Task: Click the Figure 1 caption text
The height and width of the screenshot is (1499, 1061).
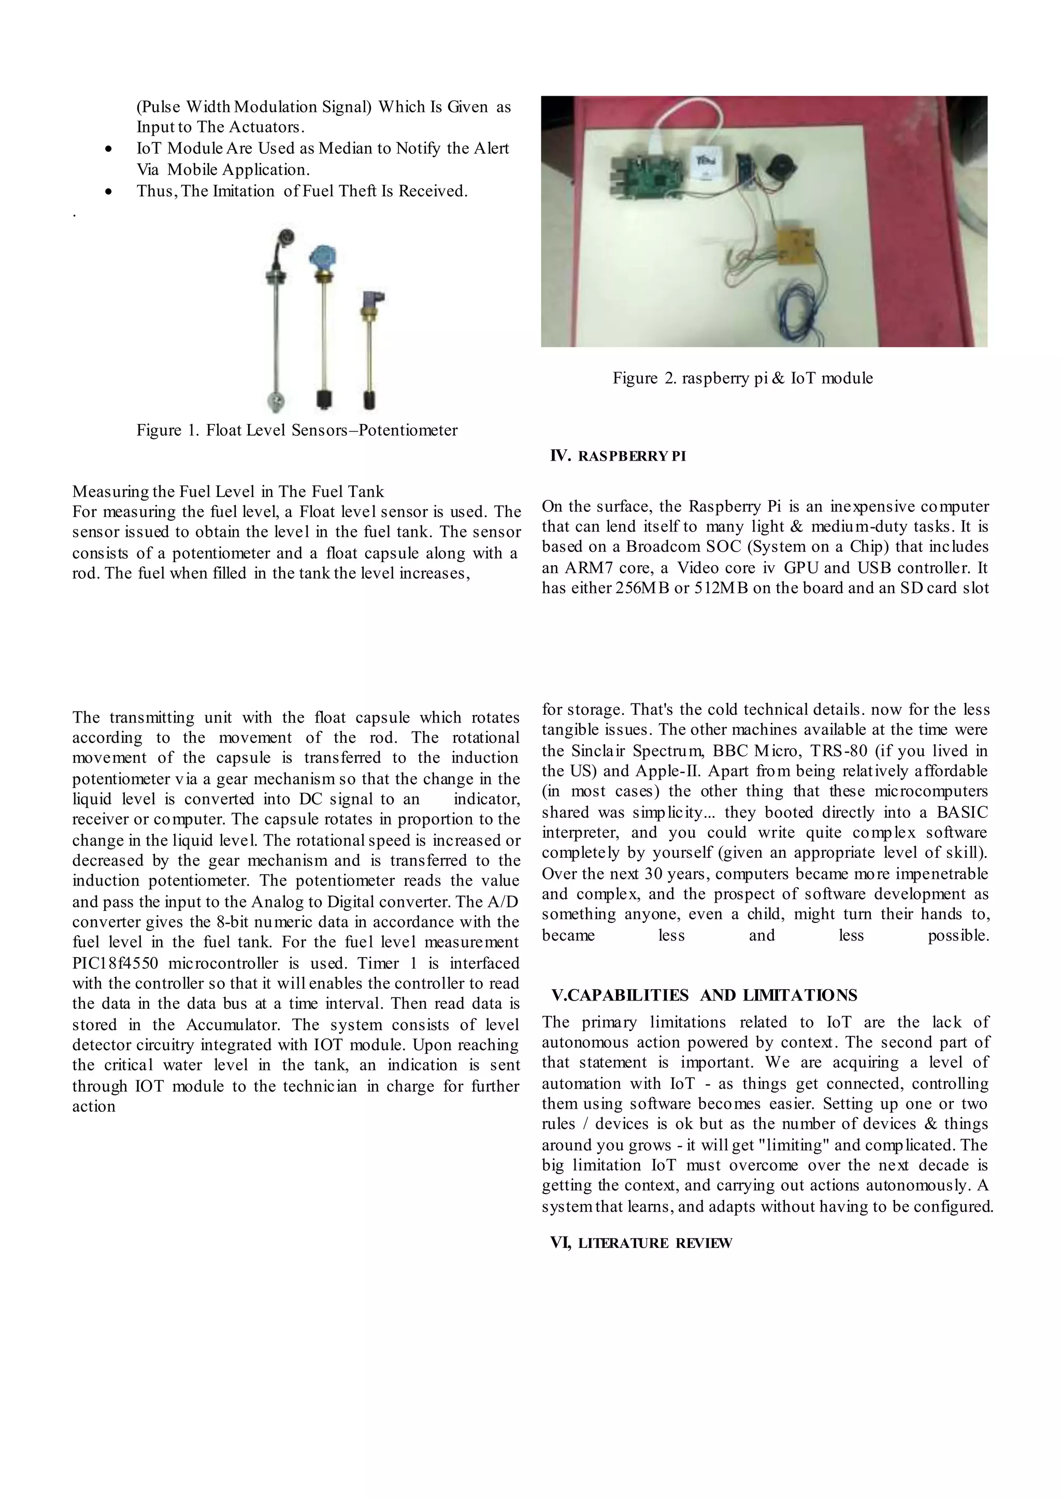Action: tap(297, 430)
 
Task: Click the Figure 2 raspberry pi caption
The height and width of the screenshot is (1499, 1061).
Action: tap(742, 378)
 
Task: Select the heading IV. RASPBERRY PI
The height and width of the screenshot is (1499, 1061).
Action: tap(618, 457)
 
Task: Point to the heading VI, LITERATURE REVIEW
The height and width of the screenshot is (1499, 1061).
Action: tap(641, 1243)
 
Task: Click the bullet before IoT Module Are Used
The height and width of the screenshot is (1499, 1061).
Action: tap(108, 150)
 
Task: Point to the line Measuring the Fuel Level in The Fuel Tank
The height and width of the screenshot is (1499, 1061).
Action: tap(228, 491)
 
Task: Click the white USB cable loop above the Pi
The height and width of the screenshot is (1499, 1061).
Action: tap(693, 117)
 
